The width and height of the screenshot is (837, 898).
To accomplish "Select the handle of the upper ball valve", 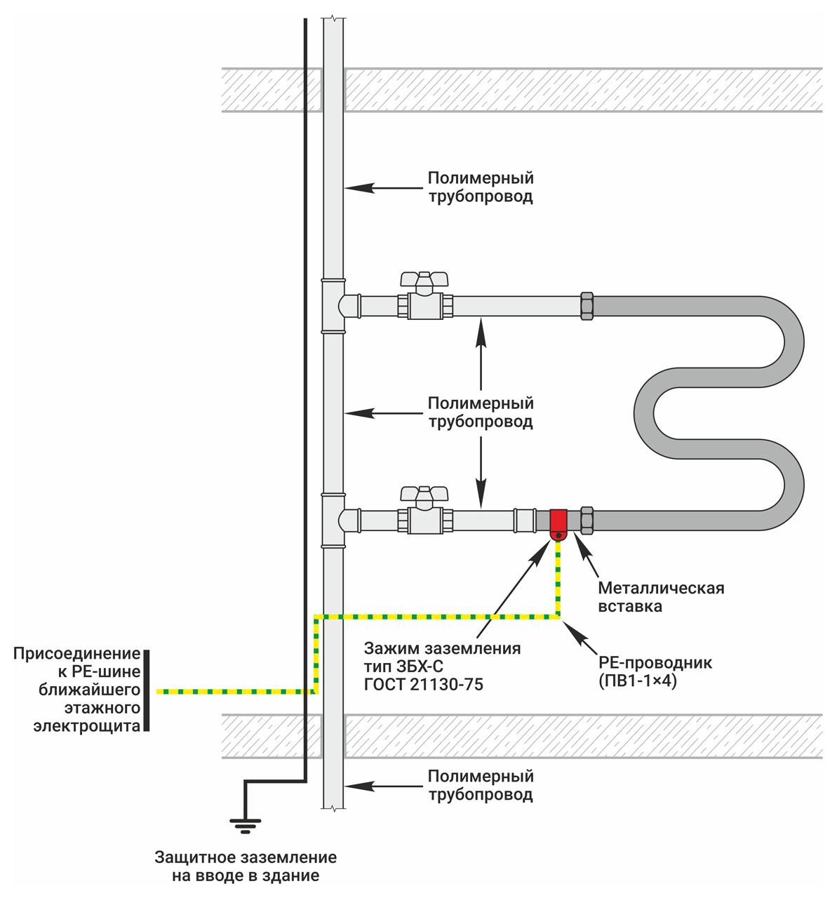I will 424,279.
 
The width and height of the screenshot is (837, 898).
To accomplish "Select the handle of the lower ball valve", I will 424,493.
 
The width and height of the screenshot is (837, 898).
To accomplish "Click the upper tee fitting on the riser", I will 333,306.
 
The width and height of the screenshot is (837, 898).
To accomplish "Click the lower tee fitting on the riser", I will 333,520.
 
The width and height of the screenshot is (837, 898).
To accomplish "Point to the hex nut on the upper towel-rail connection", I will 587,305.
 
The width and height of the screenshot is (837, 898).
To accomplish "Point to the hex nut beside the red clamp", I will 587,520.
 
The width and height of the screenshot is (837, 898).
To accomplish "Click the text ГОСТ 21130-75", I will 424,685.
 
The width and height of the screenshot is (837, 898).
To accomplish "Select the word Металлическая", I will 661,588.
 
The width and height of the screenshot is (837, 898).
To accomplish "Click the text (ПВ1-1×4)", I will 638,681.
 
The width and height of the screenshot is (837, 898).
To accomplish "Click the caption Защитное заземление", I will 246,857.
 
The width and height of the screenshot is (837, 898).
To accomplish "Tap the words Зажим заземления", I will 442,648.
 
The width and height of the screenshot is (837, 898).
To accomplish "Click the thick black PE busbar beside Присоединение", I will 147,690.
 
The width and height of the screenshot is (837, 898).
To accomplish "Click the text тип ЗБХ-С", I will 404,666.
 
